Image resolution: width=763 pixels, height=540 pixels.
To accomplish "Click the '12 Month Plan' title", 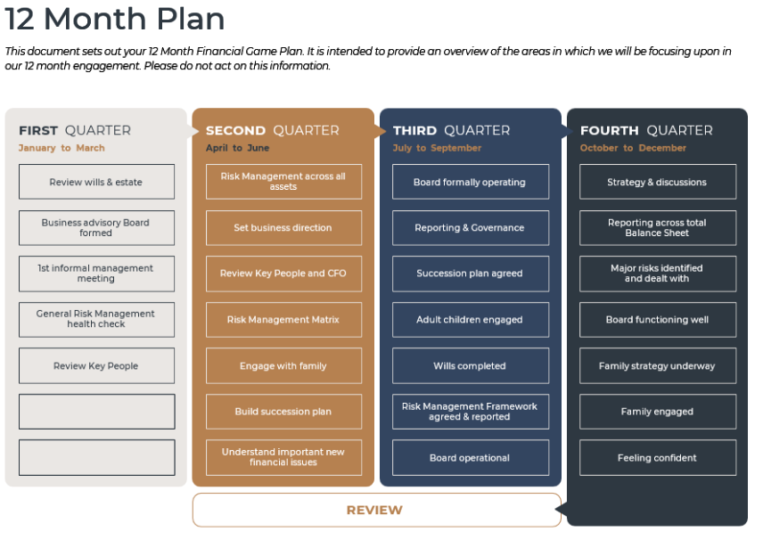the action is pos(115,19).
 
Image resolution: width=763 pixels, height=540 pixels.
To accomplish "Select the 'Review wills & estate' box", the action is pos(96,182).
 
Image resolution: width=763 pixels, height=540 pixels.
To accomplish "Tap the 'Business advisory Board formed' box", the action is pos(96,228).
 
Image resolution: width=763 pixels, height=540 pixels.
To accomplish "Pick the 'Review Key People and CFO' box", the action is pos(283,274).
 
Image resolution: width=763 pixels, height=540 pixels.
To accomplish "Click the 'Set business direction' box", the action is pos(283,228).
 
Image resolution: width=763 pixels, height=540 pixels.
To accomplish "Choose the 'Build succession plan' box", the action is pos(283,412).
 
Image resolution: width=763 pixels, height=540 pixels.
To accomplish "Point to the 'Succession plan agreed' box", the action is pos(471,274).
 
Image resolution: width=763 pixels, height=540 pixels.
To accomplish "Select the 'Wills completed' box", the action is pos(471,365).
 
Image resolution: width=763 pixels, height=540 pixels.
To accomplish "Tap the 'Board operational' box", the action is pos(471,457).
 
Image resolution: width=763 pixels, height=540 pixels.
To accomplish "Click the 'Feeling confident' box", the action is pos(658,457).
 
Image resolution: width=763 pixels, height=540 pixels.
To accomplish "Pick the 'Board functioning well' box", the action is pos(658,320).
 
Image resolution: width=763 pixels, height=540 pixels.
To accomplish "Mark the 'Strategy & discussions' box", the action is pos(658,182).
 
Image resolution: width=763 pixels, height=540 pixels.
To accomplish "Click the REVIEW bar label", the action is pos(374,510).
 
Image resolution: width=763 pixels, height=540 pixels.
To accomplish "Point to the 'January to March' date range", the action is pos(62,148).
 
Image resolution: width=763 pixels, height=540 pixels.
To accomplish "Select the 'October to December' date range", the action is pos(633,148).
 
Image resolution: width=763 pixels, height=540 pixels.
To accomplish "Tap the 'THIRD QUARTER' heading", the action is pos(452,130).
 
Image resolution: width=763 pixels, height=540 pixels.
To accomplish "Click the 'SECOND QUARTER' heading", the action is pos(273,130).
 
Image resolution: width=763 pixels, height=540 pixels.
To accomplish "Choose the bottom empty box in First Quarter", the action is pos(96,457).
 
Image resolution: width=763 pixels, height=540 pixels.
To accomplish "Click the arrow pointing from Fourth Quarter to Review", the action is pos(562,510).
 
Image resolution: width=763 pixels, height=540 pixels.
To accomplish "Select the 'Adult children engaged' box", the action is pos(471,320).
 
